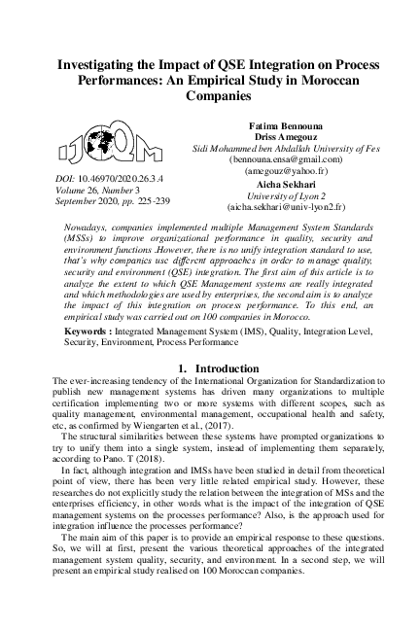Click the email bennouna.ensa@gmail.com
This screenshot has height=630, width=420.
(x=286, y=157)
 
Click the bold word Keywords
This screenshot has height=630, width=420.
(x=82, y=331)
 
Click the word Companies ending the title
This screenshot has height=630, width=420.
(x=210, y=98)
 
